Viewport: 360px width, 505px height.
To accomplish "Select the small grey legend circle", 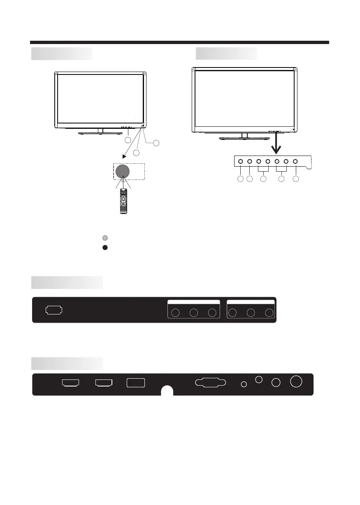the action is pos(105,238).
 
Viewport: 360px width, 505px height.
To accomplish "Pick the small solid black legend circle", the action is pos(105,248).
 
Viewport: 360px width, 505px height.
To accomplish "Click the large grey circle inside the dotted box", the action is pos(122,171).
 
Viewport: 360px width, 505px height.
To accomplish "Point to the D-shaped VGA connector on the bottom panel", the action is pos(210,382).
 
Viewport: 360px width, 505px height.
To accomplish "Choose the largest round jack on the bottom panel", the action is pos(295,382).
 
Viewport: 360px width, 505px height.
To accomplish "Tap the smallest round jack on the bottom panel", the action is pos(244,384).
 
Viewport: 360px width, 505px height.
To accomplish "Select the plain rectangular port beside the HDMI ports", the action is pos(136,383).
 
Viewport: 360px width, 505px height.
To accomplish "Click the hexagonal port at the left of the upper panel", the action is pos(54,310).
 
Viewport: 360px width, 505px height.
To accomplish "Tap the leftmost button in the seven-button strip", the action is pos(240,162).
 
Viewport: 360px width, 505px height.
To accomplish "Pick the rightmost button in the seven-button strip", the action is pos(295,162).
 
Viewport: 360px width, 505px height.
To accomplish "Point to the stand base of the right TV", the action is pos(244,138).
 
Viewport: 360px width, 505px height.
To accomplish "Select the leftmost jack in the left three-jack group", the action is pos(176,313).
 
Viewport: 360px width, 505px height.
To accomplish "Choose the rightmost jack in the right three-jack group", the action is pos(269,313).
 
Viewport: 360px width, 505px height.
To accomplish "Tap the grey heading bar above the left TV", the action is pos(62,54).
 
